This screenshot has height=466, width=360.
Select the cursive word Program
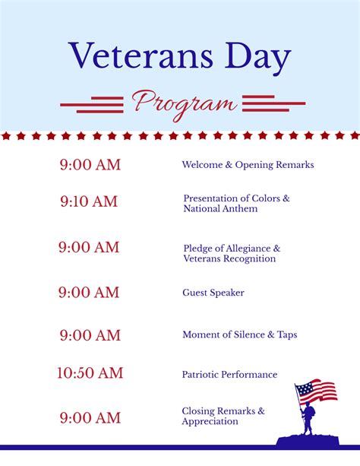coord(183,103)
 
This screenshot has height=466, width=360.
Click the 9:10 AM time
coord(89,202)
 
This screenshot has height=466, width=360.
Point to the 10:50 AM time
coord(90,373)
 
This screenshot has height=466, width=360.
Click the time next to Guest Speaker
coord(89,293)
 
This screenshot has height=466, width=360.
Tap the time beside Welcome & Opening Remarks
coord(90,165)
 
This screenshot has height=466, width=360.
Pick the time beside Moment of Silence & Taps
coord(90,335)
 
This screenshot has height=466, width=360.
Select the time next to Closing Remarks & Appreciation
coord(90,417)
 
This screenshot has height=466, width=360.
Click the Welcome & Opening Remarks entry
coord(248,165)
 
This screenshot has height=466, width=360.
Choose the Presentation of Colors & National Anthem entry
coord(236,203)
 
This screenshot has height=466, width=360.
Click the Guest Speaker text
coord(213,293)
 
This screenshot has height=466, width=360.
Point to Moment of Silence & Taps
coord(240,335)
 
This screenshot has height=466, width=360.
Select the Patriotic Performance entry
coord(229,374)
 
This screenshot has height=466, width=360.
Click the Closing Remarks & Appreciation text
coord(223,417)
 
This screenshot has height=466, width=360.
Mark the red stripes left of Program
coord(92,103)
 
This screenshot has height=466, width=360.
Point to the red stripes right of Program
coord(273,103)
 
